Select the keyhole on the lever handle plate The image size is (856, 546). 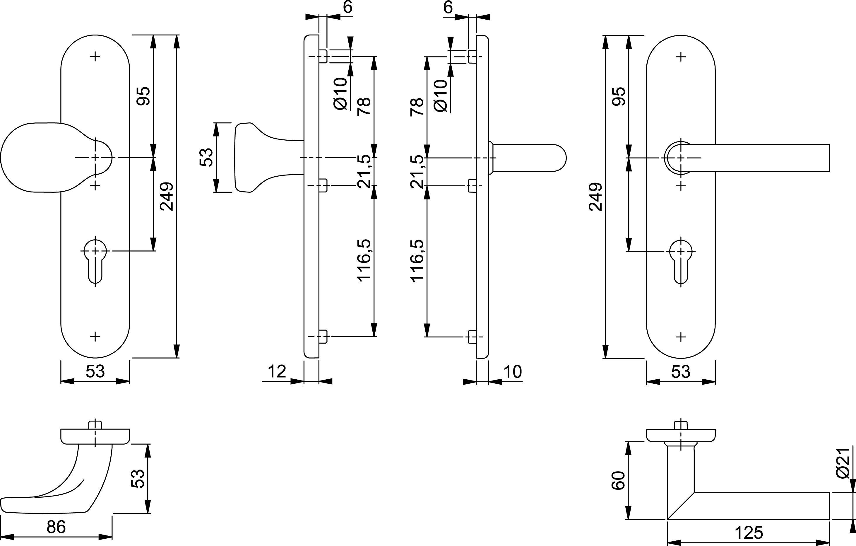coord(681,262)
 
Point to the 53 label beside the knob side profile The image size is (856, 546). coord(206,157)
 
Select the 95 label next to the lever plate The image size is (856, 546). coord(619,96)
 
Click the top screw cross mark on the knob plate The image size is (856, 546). coord(95,56)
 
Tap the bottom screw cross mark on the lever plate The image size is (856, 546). coord(681,337)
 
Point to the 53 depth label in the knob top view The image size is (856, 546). coord(138,478)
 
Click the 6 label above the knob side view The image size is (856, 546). coord(347,7)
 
